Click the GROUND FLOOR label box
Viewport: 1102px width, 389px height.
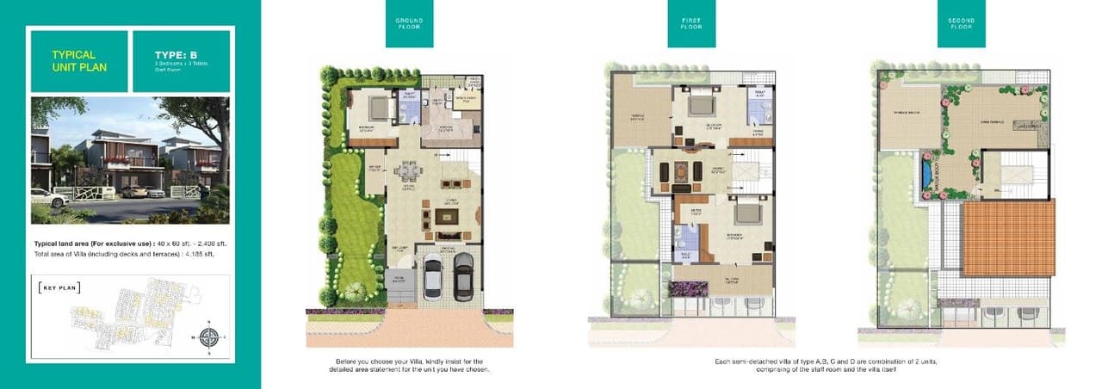(x=409, y=23)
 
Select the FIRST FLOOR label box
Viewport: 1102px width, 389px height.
(x=691, y=23)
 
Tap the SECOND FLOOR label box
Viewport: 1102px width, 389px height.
(x=961, y=23)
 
